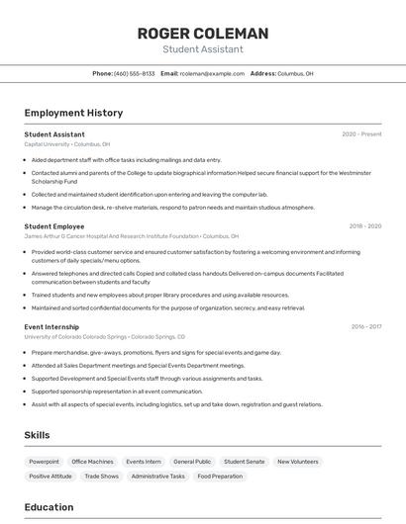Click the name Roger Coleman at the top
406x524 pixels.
[202, 34]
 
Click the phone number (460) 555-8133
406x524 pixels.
[135, 73]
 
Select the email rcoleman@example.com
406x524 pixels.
[212, 73]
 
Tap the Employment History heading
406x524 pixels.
[73, 113]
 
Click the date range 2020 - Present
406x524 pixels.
[361, 133]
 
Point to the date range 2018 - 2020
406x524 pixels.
[364, 226]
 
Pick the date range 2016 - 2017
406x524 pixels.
[365, 326]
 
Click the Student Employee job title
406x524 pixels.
[54, 226]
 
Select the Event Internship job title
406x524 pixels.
[51, 326]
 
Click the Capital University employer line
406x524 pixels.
[67, 143]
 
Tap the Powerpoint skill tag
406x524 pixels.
[44, 462]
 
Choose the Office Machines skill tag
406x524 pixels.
[92, 462]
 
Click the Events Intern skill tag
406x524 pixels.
[144, 462]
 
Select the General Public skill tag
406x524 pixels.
[192, 462]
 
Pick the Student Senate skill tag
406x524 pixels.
[244, 462]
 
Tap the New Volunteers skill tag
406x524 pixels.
[297, 462]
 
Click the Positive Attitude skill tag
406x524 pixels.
[51, 477]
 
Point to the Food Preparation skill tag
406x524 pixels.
[220, 477]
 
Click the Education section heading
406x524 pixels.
[49, 507]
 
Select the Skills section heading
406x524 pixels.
[37, 435]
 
